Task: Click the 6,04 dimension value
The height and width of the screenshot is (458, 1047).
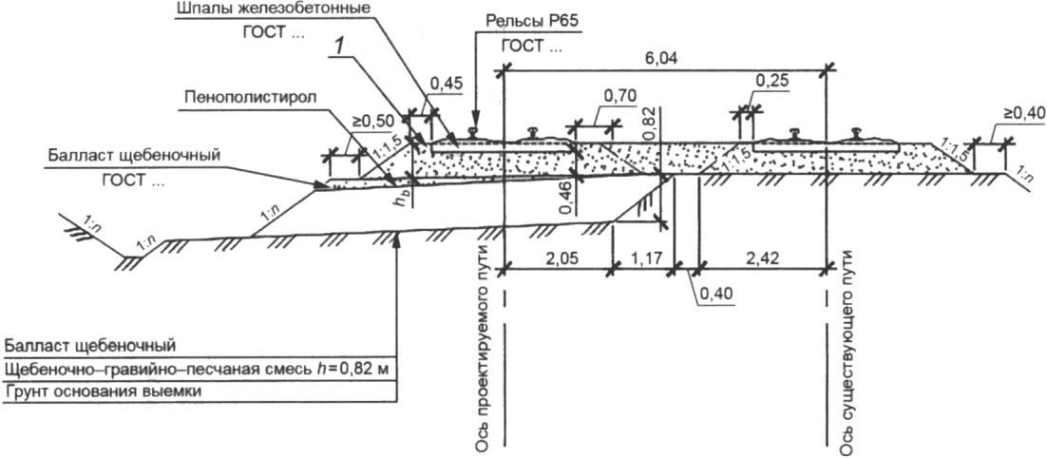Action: click(x=660, y=58)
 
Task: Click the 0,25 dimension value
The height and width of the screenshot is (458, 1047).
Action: click(x=772, y=80)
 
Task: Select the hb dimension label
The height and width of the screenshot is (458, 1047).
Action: click(x=401, y=204)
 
